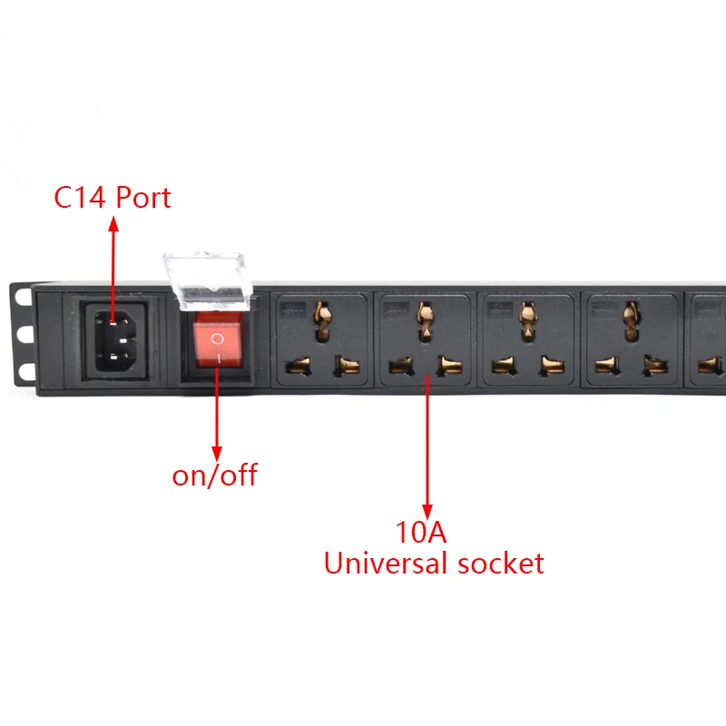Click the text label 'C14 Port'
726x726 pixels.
(113, 197)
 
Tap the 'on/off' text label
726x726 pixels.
(215, 475)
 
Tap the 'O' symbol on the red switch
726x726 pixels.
(216, 338)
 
